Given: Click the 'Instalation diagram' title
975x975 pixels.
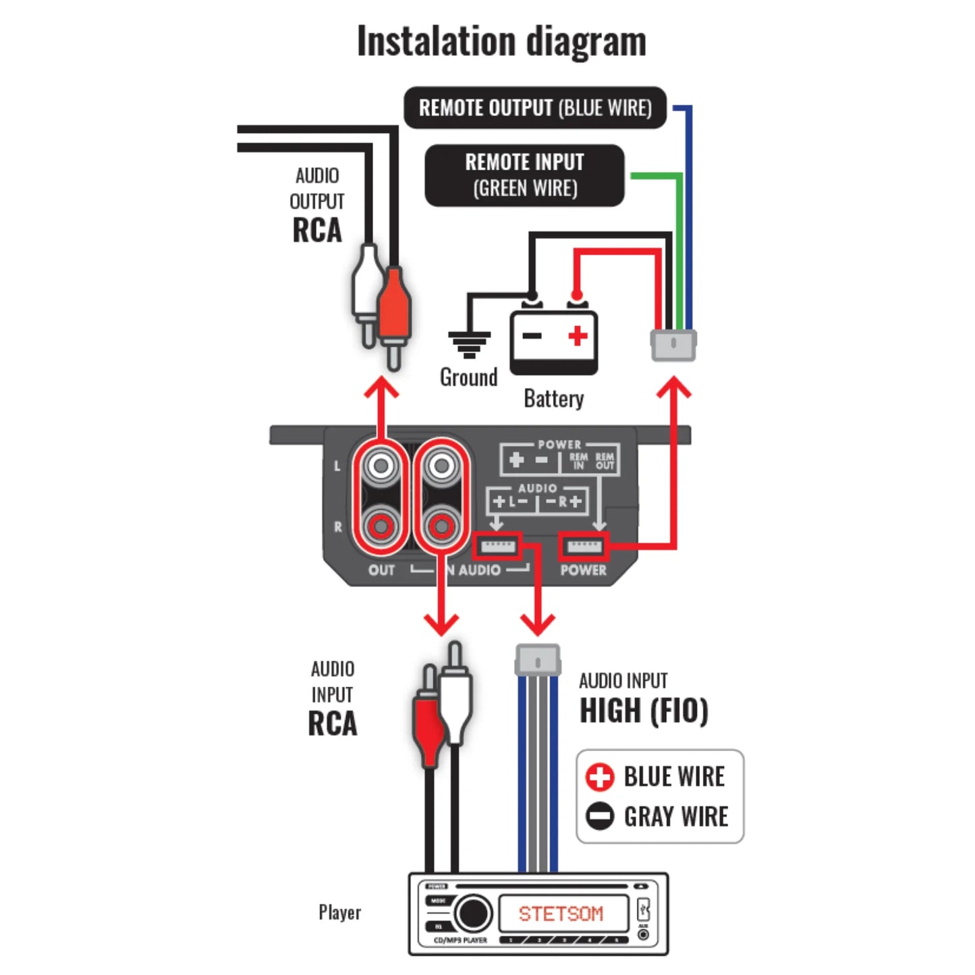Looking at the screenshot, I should pos(501,42).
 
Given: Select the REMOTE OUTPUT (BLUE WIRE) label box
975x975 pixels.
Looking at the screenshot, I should pos(534,108).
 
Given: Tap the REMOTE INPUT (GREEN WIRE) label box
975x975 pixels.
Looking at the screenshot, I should pos(524,175).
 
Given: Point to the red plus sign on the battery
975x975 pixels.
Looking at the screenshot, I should pos(578,335).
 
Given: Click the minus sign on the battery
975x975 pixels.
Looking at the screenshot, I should pos(532,335).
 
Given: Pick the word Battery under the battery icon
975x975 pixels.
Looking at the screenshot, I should pos(553,398).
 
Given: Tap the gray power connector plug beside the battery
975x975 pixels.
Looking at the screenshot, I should pos(673,345).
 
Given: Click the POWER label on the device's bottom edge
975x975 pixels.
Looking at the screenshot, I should pos(583,570).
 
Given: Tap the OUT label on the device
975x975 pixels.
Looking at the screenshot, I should pos(381,570).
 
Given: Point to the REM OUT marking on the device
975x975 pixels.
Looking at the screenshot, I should pos(605,461).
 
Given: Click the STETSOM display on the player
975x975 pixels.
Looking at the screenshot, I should pos(561,914).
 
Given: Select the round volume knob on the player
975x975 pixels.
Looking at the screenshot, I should pos(472,914).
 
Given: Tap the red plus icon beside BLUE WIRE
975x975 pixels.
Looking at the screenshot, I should pos(599,777).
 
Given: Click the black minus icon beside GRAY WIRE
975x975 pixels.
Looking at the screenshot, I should pos(599,816).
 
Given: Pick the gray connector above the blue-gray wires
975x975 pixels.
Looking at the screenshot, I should pos(537,659).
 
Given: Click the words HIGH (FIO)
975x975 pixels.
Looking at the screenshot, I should pos(644,711).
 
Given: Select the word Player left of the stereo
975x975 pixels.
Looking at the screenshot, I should pos(339,912).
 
